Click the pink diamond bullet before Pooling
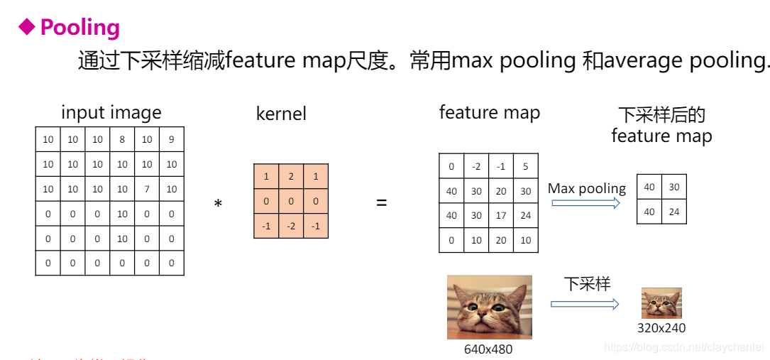point(26,27)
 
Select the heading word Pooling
point(80,28)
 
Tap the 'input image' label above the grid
point(111,112)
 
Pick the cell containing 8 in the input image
point(122,140)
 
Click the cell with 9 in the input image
point(171,140)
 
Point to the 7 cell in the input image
point(147,190)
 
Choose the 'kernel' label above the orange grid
point(281,114)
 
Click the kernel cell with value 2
point(291,176)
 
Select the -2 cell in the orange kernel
point(291,226)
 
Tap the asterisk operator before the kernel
point(218,204)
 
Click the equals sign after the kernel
point(382,203)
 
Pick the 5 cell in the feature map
point(525,167)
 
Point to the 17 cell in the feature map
point(501,216)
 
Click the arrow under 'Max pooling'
point(585,203)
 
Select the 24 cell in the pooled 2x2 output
point(674,211)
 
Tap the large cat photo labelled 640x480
point(489,307)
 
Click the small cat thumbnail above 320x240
point(661,303)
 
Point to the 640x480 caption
point(488,349)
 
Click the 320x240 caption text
point(661,328)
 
